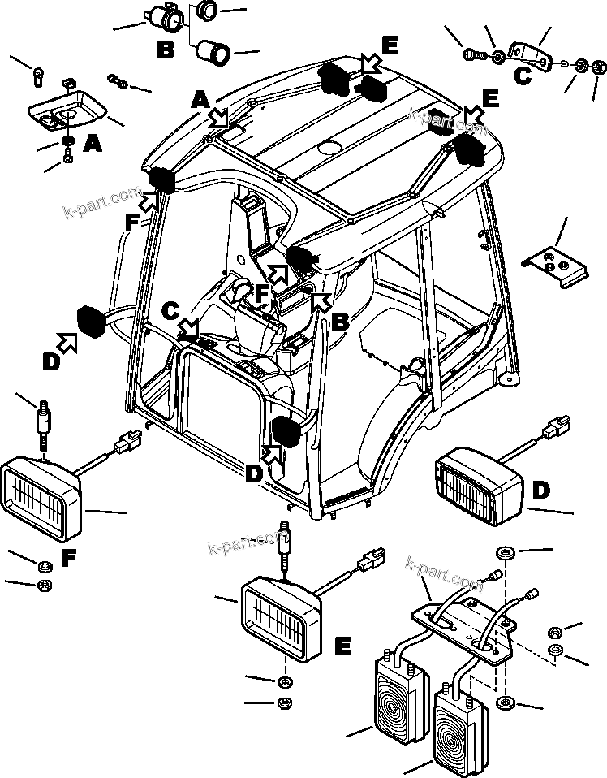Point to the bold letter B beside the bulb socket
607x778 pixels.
(x=166, y=50)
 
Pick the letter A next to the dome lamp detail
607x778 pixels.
(x=93, y=145)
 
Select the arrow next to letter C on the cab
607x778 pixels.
(x=189, y=327)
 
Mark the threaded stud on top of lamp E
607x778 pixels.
(x=285, y=540)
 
